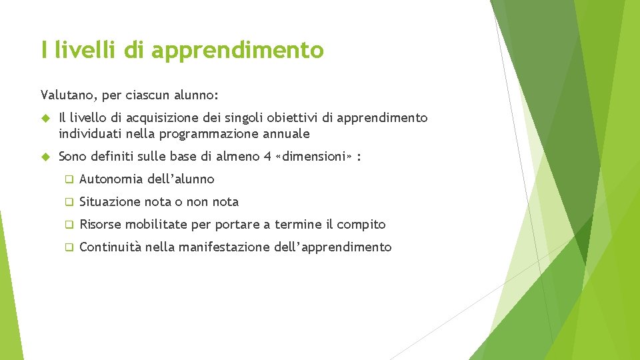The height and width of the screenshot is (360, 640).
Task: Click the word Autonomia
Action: point(110,179)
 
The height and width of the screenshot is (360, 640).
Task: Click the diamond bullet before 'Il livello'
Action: point(46,118)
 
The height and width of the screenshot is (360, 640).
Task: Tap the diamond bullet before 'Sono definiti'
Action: point(46,157)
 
